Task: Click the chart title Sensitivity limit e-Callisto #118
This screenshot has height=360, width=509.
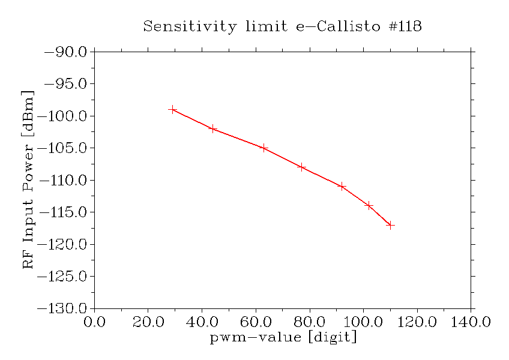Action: point(283,26)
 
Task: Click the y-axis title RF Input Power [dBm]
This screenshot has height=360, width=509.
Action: point(28,180)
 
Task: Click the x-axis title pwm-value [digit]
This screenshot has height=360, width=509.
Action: point(283,337)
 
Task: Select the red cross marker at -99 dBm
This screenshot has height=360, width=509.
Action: point(173,109)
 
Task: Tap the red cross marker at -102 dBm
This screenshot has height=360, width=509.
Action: point(213,128)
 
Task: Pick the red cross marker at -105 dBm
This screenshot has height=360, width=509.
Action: point(264,148)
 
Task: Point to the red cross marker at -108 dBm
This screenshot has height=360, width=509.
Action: point(301,167)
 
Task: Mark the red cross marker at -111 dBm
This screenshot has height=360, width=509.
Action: point(342,186)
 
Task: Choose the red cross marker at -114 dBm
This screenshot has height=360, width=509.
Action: point(369,205)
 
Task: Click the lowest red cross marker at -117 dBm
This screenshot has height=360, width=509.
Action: point(390,225)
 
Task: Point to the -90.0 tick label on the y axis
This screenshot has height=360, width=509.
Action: point(66,52)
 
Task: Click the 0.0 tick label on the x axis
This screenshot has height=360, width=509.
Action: point(94,322)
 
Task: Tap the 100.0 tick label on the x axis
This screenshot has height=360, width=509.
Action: point(363,322)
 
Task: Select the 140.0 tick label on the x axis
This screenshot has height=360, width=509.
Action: point(471,322)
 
